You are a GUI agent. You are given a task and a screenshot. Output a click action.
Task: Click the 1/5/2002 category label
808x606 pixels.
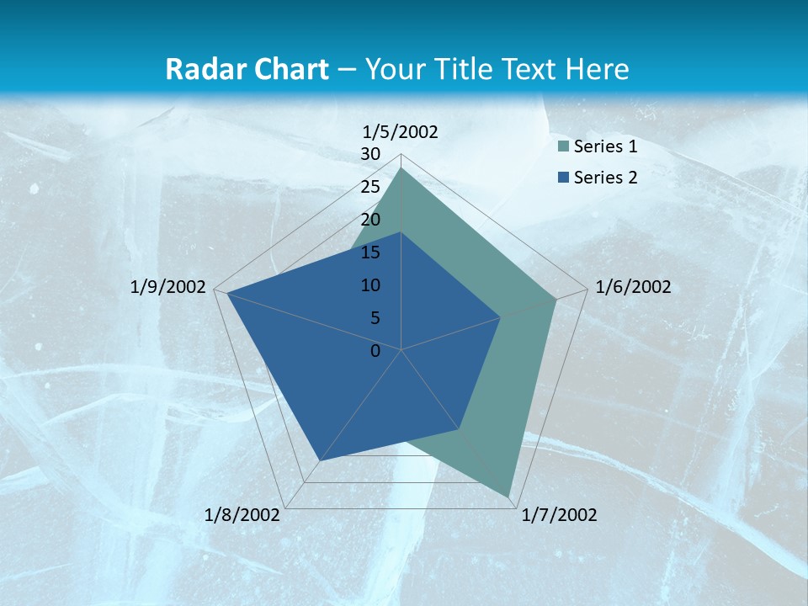400,131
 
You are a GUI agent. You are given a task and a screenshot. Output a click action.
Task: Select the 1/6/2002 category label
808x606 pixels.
633,287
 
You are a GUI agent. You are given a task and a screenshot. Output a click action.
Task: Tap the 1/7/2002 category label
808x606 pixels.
559,515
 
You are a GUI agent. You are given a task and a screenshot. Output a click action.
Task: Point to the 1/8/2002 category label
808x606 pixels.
242,515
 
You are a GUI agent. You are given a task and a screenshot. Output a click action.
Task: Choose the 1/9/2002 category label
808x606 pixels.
168,287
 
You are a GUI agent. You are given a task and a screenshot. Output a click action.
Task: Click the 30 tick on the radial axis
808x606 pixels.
370,154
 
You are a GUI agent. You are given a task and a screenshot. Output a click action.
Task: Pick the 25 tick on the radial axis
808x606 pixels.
370,187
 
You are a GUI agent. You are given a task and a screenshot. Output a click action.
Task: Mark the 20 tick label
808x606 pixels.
370,220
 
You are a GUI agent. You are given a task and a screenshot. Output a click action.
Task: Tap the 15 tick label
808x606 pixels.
370,252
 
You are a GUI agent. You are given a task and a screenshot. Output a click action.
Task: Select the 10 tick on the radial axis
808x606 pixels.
370,285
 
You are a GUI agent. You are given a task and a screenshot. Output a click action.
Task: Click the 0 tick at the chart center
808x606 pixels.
375,351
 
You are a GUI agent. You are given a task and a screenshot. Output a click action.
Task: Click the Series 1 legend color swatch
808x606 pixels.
564,147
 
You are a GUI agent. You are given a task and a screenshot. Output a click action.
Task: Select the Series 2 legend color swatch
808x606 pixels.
564,178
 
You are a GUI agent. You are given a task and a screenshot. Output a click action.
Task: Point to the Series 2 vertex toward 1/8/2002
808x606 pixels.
320,460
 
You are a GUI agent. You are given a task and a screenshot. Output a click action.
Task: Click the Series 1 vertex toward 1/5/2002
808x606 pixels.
401,168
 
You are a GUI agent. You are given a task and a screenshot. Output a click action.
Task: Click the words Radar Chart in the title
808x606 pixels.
247,69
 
